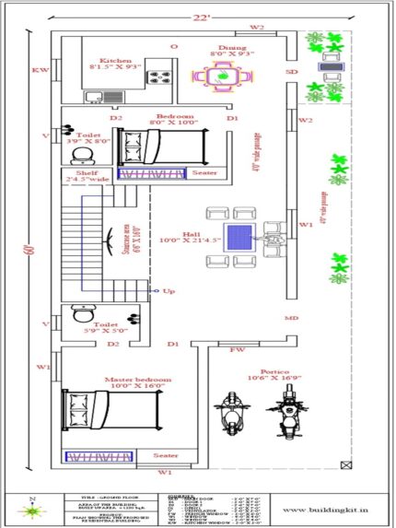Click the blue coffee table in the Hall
240,233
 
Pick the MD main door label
291,318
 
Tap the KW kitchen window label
40,70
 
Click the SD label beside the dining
292,71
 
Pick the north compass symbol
33,506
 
